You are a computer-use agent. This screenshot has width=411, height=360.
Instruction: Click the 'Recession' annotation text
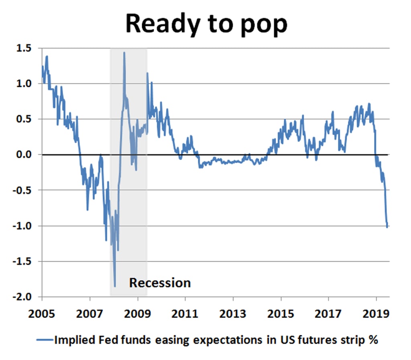coord(160,283)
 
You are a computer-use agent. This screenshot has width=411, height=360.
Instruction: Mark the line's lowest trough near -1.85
coord(115,286)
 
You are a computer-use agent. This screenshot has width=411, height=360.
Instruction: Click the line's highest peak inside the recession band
coord(124,52)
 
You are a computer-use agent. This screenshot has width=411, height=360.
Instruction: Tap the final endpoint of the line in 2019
coord(387,227)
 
